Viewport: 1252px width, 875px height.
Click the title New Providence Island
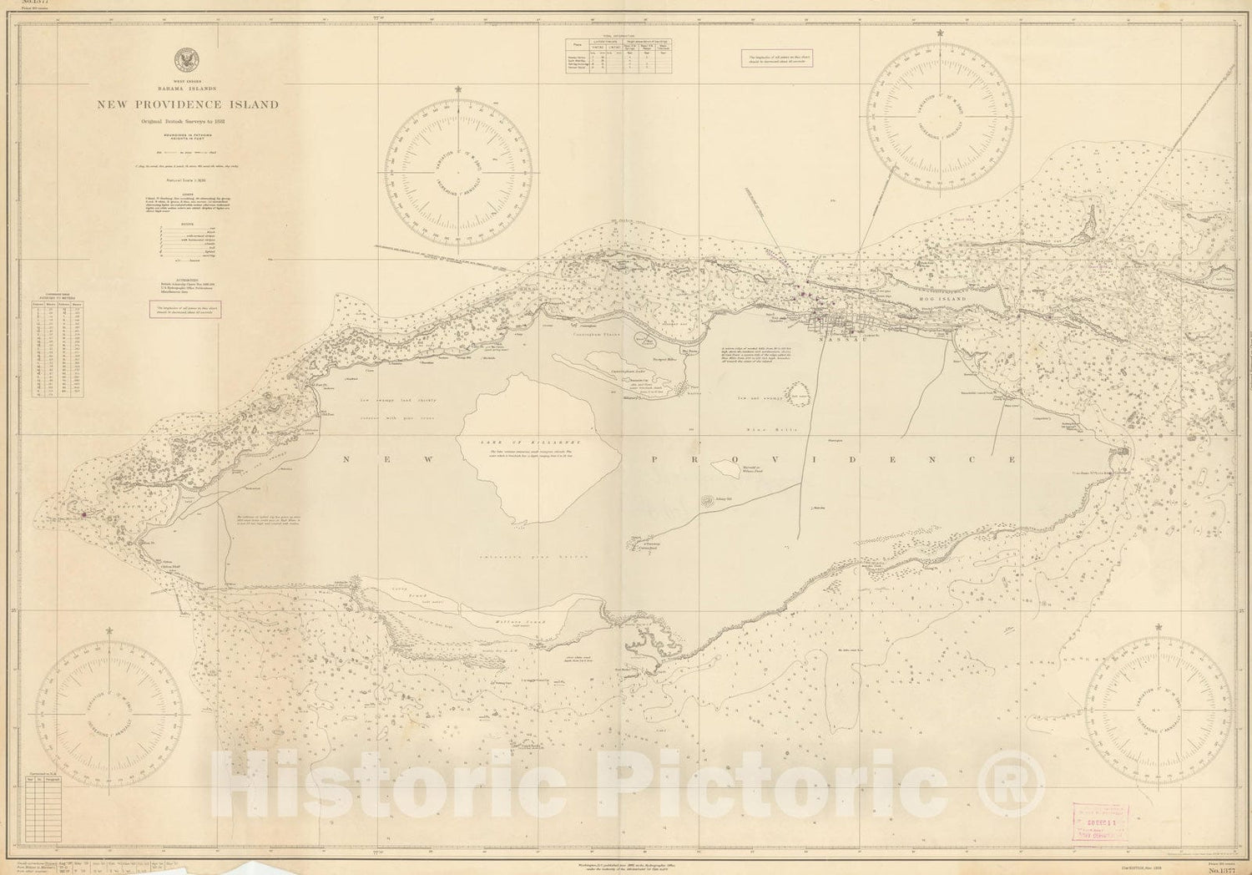[x=188, y=105]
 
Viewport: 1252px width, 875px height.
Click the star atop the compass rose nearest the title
[x=457, y=89]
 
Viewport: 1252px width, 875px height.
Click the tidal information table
[x=621, y=57]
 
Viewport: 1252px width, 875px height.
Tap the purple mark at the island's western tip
[x=84, y=514]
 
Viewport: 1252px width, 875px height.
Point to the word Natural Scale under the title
[x=187, y=180]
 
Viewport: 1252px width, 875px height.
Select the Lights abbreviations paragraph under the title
[x=188, y=204]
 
